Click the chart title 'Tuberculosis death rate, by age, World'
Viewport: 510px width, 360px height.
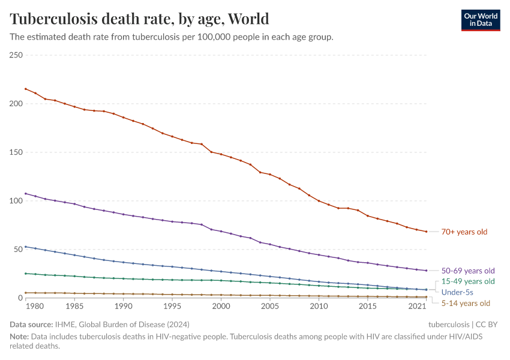tap(139, 19)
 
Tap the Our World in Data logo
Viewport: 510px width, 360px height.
tap(480, 19)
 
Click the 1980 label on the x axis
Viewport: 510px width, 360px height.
tap(35, 307)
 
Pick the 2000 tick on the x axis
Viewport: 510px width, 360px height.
tap(221, 307)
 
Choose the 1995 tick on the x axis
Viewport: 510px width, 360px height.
tap(172, 307)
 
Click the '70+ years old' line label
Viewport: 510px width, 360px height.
tap(464, 232)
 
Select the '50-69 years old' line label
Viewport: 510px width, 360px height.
tap(468, 271)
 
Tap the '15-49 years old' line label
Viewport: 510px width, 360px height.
tap(468, 281)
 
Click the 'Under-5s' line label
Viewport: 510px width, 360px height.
tap(457, 292)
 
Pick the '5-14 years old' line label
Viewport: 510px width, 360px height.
tap(466, 303)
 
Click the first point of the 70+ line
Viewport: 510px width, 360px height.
tap(25, 89)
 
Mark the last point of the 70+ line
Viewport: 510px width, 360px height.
tap(426, 232)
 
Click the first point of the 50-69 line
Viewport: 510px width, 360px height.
tap(25, 193)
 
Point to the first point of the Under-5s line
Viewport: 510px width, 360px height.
tap(25, 247)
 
